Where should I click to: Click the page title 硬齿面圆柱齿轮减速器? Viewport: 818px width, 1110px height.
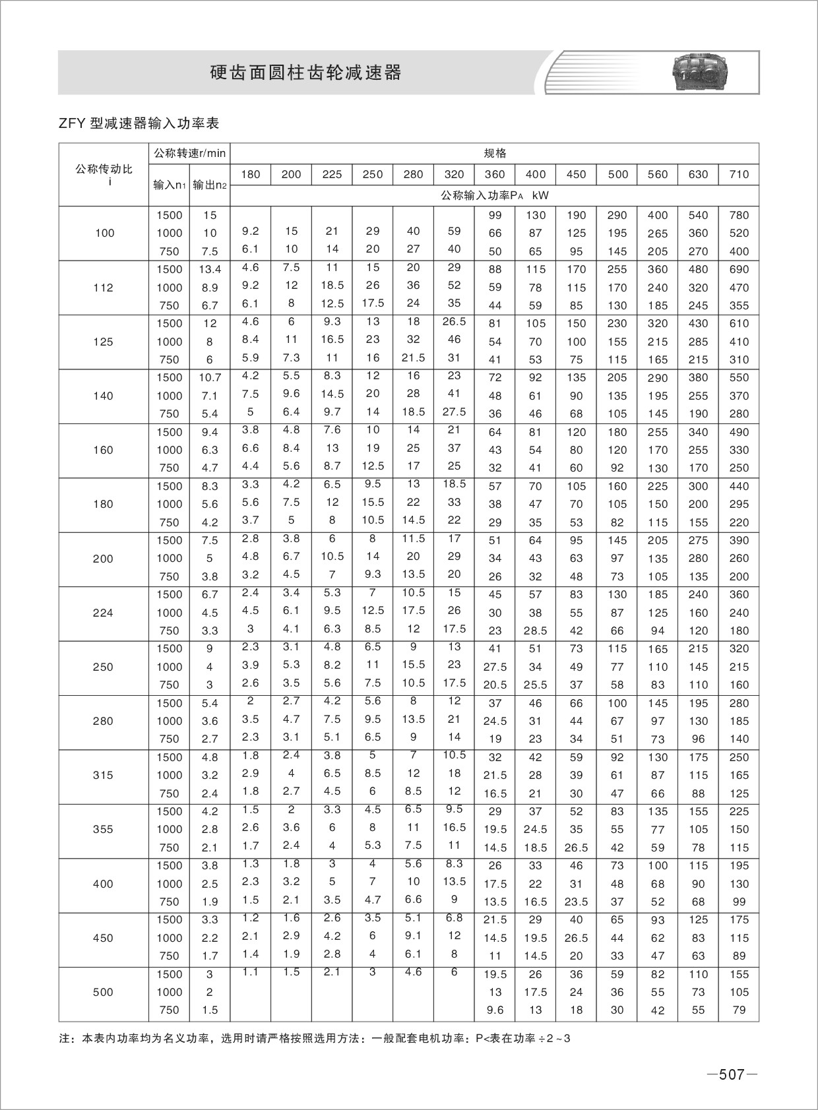pyautogui.click(x=305, y=73)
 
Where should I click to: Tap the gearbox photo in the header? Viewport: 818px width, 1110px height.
pyautogui.click(x=703, y=72)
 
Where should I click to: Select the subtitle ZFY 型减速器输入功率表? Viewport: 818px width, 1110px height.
pyautogui.click(x=139, y=123)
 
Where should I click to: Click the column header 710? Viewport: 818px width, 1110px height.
pyautogui.click(x=739, y=174)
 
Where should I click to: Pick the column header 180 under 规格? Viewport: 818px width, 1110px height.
pyautogui.click(x=251, y=174)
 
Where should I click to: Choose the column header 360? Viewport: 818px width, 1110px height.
pyautogui.click(x=495, y=174)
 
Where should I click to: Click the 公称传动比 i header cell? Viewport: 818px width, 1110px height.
pyautogui.click(x=104, y=174)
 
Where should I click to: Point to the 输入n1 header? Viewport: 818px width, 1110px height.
pyautogui.click(x=170, y=185)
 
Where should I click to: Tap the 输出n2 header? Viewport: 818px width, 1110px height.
pyautogui.click(x=210, y=185)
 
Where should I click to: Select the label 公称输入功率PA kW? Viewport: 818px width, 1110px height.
pyautogui.click(x=495, y=196)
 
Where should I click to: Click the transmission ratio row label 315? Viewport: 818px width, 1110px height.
pyautogui.click(x=104, y=775)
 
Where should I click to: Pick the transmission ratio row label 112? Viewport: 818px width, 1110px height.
pyautogui.click(x=104, y=288)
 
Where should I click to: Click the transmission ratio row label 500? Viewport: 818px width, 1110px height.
pyautogui.click(x=104, y=992)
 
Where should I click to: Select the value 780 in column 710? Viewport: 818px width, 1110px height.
pyautogui.click(x=739, y=215)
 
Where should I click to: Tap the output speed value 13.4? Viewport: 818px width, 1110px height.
pyautogui.click(x=210, y=269)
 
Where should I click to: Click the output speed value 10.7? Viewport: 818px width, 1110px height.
pyautogui.click(x=210, y=378)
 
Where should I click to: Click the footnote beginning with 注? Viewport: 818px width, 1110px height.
pyautogui.click(x=314, y=1039)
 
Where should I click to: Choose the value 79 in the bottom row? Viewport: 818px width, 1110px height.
pyautogui.click(x=739, y=1010)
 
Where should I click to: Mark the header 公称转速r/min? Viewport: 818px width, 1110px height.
pyautogui.click(x=190, y=154)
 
